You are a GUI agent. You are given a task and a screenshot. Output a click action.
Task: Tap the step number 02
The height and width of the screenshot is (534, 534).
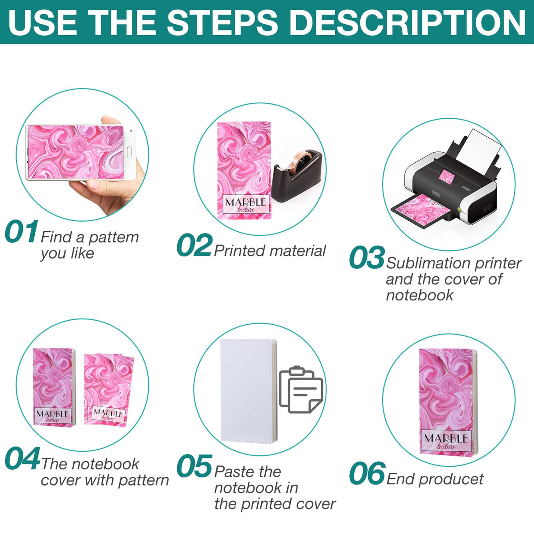pyautogui.click(x=194, y=245)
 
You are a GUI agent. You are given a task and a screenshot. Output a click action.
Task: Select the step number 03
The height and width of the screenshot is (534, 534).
pyautogui.click(x=366, y=258)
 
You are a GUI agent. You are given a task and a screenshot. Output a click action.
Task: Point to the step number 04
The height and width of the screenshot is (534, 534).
pyautogui.click(x=22, y=459)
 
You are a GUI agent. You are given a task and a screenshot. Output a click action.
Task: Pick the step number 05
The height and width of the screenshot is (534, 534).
pyautogui.click(x=194, y=467)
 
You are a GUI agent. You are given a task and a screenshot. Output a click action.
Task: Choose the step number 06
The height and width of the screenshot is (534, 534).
pyautogui.click(x=367, y=474)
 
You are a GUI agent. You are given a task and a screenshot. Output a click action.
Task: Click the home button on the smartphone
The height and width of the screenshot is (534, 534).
pyautogui.click(x=129, y=152)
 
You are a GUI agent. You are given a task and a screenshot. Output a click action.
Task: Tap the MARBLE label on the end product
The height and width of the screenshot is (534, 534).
pyautogui.click(x=446, y=441)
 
